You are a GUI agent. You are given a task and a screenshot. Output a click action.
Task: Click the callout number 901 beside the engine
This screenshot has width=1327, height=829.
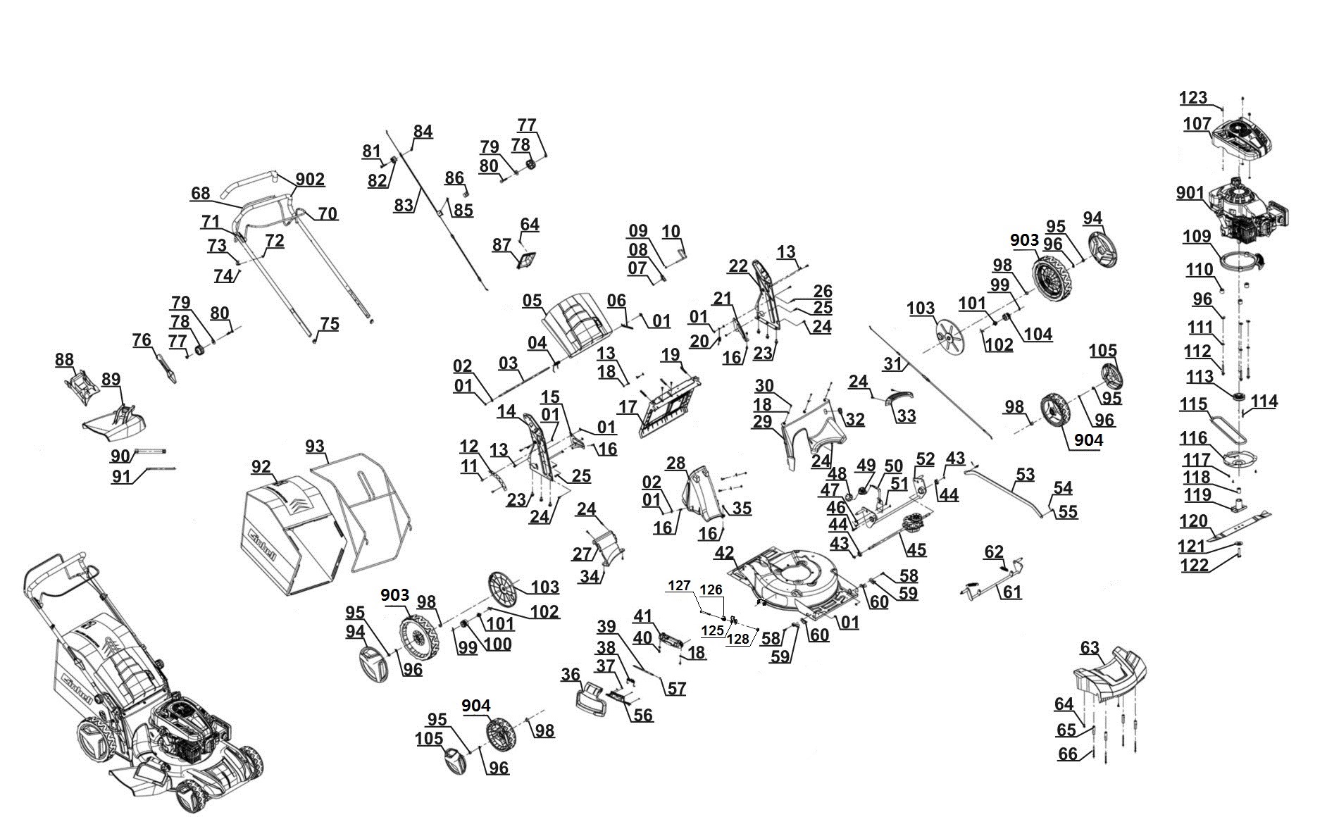point(1190,192)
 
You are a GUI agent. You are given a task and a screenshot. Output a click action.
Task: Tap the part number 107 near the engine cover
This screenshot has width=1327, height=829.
point(1197,123)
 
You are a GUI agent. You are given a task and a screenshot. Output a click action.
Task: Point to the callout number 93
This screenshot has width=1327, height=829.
point(315,447)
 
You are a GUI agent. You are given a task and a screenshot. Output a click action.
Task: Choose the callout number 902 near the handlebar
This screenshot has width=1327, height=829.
point(310,180)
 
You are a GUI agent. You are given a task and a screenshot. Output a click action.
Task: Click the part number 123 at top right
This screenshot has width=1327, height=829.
point(1193,98)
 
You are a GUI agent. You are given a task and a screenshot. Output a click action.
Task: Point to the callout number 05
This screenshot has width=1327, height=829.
point(532,301)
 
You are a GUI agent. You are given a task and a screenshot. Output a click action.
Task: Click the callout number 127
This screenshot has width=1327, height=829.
point(680,586)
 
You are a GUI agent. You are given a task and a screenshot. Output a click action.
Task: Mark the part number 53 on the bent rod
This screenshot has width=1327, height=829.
point(1025,474)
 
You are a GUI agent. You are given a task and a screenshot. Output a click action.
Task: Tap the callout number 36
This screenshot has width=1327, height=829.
point(571,674)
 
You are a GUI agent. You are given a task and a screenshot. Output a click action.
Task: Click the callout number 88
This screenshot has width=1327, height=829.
point(64,360)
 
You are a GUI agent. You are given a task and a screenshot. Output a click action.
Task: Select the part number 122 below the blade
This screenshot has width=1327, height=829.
point(1194,565)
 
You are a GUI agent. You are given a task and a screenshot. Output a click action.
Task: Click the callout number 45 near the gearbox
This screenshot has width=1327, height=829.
point(916,549)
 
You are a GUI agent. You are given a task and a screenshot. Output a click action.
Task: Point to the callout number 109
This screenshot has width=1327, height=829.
point(1197,237)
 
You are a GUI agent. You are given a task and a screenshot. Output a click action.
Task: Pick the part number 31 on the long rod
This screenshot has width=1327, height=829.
point(892,363)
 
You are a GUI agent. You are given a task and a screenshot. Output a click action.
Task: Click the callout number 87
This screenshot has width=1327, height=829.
point(501,244)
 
